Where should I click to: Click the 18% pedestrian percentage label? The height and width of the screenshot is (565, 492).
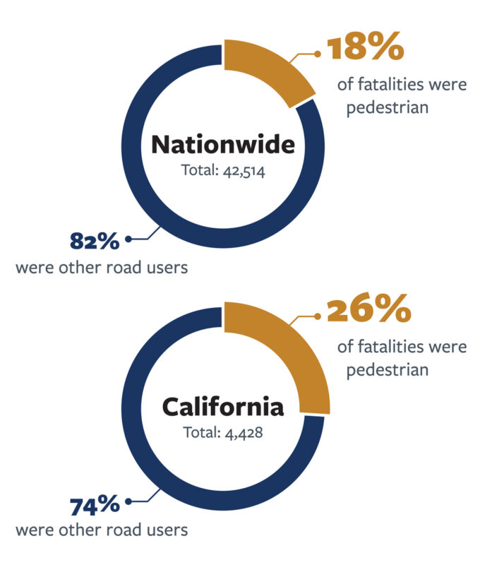tap(364, 50)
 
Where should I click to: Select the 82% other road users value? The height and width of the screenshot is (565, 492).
tap(95, 240)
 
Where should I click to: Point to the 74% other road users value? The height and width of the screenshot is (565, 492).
tap(95, 506)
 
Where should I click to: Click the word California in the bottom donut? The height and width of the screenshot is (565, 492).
tap(223, 407)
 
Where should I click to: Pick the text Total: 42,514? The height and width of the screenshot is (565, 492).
tap(223, 171)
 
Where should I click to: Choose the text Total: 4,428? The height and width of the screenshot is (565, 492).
tap(223, 432)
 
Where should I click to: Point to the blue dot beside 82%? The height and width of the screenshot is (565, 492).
tap(128, 239)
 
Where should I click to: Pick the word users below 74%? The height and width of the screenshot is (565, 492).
tap(166, 530)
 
